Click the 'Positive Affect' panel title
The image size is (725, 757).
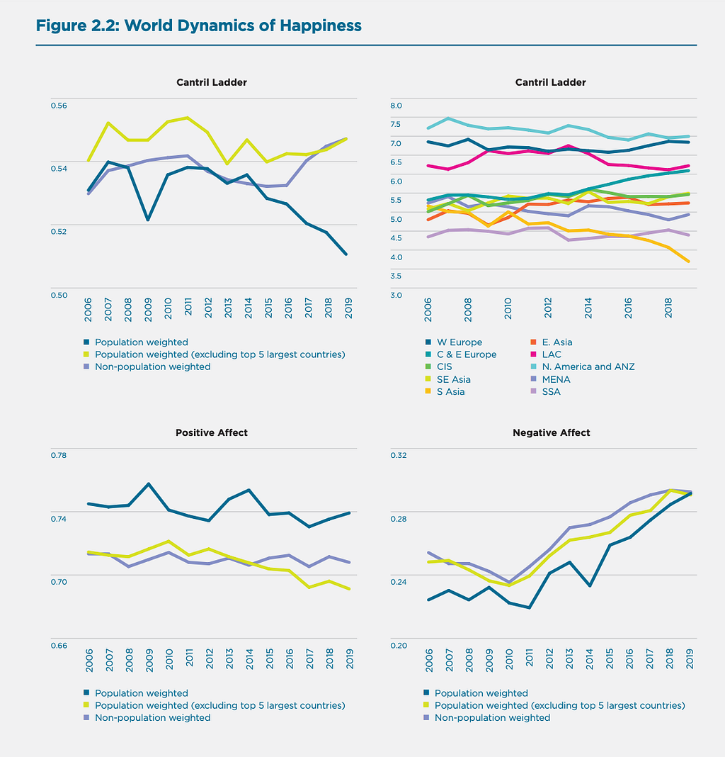pyautogui.click(x=211, y=432)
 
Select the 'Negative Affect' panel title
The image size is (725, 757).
pyautogui.click(x=551, y=432)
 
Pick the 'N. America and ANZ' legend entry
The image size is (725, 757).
pyautogui.click(x=587, y=367)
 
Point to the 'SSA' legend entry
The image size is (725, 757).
pyautogui.click(x=550, y=391)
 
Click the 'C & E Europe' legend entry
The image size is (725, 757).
pyautogui.click(x=467, y=354)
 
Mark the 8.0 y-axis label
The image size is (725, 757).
pyautogui.click(x=396, y=106)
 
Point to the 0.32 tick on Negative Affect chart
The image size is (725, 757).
pyautogui.click(x=399, y=455)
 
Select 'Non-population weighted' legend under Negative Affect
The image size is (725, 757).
pyautogui.click(x=492, y=718)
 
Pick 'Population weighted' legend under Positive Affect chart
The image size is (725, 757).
pyautogui.click(x=141, y=693)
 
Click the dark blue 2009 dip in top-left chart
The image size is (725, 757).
pyautogui.click(x=148, y=220)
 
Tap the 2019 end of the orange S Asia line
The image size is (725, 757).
pyautogui.click(x=689, y=262)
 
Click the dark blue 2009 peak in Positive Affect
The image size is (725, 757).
pyautogui.click(x=148, y=484)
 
